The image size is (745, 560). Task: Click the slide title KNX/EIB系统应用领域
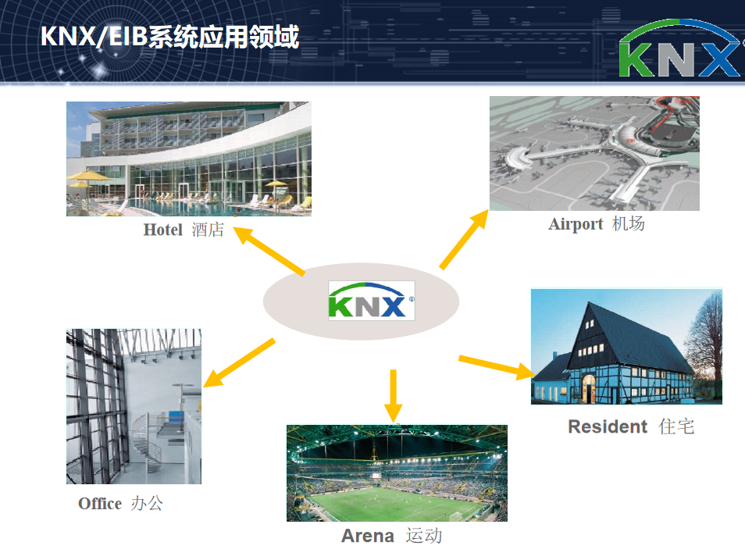pyautogui.click(x=169, y=37)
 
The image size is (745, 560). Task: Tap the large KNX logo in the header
pyautogui.click(x=680, y=49)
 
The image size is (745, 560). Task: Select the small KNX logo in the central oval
pyautogui.click(x=371, y=301)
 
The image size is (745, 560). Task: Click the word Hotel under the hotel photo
pyautogui.click(x=163, y=230)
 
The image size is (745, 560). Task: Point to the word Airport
pyautogui.click(x=576, y=224)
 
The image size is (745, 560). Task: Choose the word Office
pyautogui.click(x=100, y=504)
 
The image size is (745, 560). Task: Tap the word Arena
pyautogui.click(x=368, y=536)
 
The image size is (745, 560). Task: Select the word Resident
pyautogui.click(x=608, y=426)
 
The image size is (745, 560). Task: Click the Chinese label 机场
pyautogui.click(x=628, y=223)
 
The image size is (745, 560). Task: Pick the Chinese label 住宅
pyautogui.click(x=676, y=426)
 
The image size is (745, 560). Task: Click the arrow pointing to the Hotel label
pyautogui.click(x=269, y=251)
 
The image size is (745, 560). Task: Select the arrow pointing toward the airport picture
pyautogui.click(x=464, y=239)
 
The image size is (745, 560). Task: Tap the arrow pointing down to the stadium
pyautogui.click(x=393, y=396)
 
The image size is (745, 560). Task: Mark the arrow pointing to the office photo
pyautogui.click(x=239, y=362)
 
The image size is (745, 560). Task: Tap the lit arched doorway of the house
pyautogui.click(x=589, y=386)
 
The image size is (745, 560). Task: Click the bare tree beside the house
pyautogui.click(x=708, y=342)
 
